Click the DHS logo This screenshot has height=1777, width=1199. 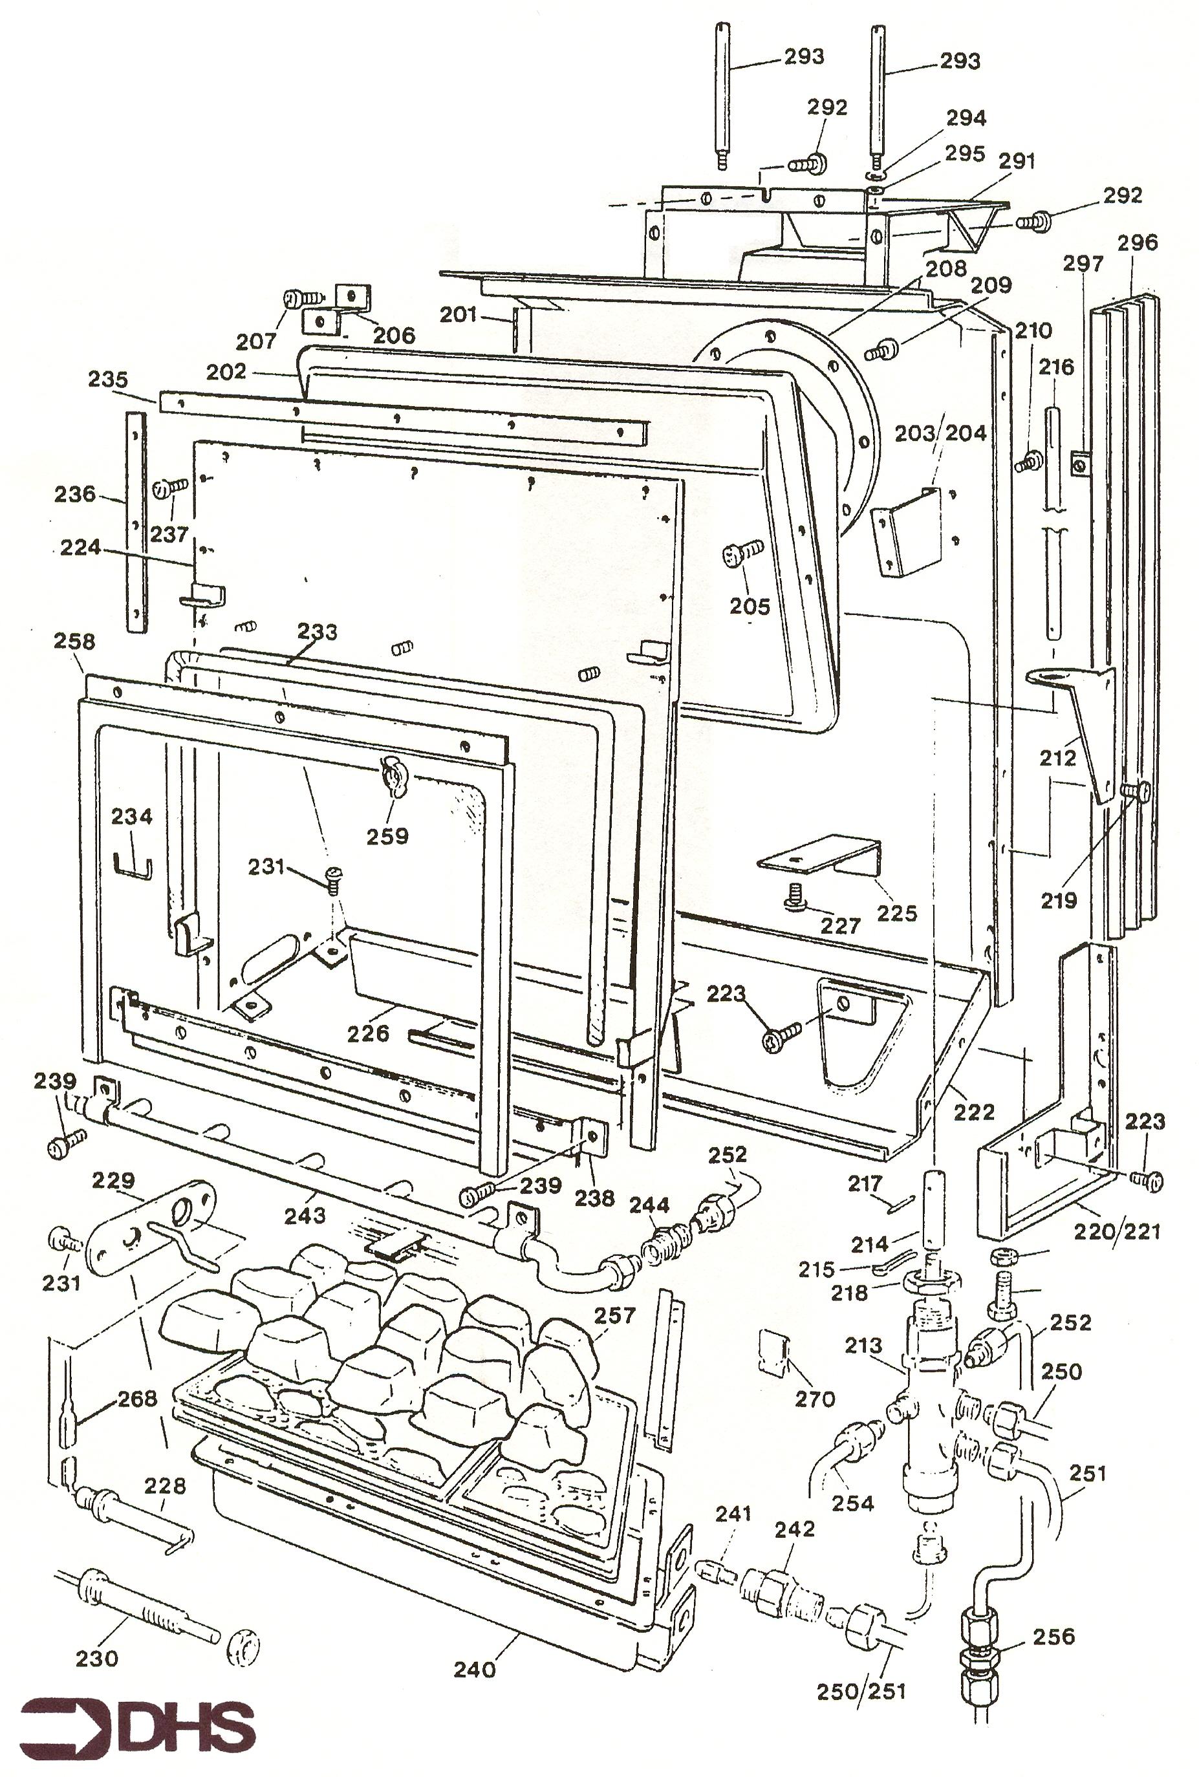click(138, 1726)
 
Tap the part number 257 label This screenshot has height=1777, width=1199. click(615, 1316)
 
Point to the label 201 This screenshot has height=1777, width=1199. click(458, 314)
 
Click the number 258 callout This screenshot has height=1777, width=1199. click(74, 641)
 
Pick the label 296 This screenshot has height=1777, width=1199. click(1137, 243)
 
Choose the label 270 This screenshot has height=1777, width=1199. click(814, 1399)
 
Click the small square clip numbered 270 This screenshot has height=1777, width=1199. click(772, 1353)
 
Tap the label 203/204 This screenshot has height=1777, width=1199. click(940, 433)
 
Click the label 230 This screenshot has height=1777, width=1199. click(96, 1658)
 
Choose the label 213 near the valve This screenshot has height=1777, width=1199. click(864, 1345)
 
